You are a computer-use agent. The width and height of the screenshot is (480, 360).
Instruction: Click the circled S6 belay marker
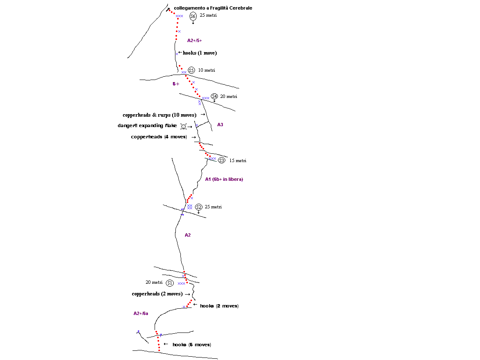click(193, 16)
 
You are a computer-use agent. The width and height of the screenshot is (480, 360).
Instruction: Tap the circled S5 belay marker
click(191, 70)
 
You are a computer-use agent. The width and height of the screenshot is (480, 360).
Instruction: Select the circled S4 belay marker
click(214, 96)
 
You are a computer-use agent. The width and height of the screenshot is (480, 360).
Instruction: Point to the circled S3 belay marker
click(222, 160)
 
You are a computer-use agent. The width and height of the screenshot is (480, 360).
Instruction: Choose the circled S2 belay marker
click(199, 207)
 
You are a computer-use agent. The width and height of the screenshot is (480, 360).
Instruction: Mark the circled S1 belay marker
click(170, 283)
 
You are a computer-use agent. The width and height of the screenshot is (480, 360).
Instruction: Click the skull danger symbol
click(183, 126)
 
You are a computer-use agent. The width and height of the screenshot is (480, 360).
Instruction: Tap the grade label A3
click(220, 125)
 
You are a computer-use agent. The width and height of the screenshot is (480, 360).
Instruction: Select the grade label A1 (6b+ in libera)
click(224, 179)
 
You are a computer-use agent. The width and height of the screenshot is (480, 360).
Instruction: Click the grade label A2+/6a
click(141, 313)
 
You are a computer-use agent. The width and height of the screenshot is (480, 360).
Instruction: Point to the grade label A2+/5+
click(195, 40)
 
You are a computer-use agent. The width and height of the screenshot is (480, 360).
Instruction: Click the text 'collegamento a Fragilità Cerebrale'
click(213, 8)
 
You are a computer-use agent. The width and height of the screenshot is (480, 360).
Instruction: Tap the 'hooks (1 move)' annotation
click(200, 53)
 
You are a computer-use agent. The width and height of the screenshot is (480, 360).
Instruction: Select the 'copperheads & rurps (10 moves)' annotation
click(160, 115)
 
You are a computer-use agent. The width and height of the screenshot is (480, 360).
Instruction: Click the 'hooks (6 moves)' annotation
click(192, 345)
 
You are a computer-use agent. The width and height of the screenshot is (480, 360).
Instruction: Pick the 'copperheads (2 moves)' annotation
click(157, 294)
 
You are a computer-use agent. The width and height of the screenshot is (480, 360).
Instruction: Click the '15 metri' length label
click(238, 160)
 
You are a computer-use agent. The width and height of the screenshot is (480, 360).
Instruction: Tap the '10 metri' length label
click(207, 70)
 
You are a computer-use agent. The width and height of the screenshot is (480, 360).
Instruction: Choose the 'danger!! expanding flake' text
click(147, 125)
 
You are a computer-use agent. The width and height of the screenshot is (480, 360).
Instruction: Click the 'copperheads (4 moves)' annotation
click(159, 137)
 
